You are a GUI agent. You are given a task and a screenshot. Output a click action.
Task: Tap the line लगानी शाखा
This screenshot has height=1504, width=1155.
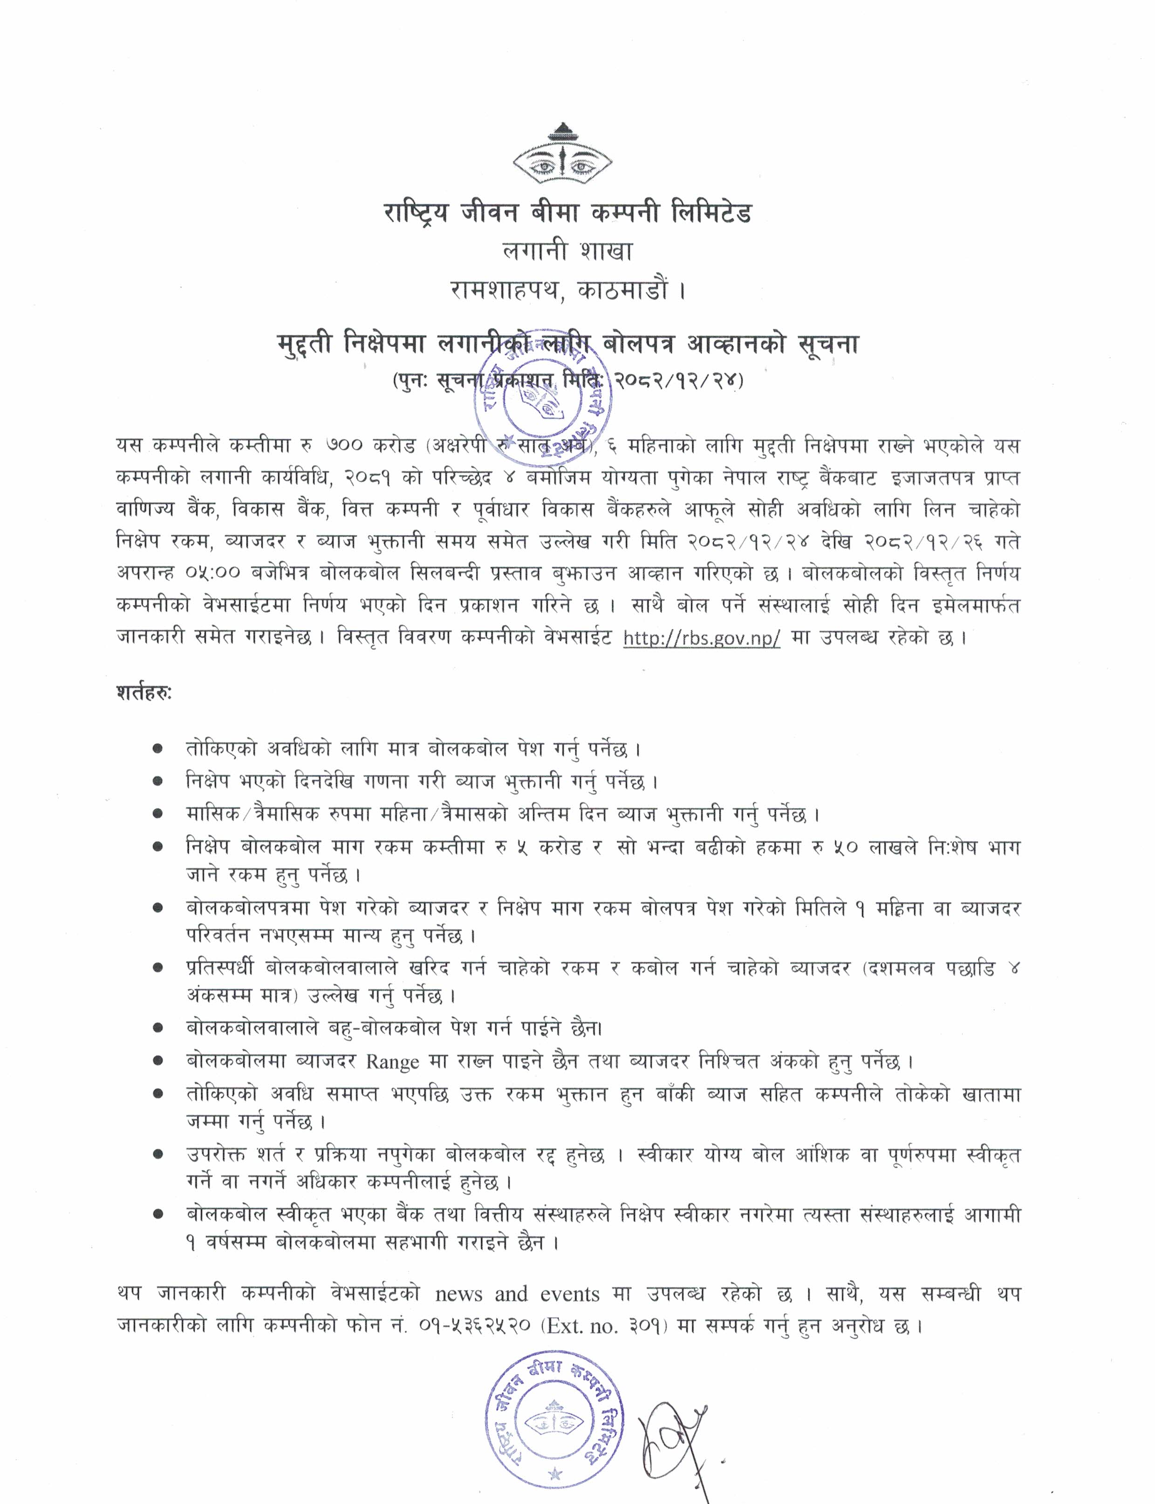tap(567, 252)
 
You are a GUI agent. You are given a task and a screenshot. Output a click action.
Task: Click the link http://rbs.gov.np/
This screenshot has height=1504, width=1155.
tap(701, 639)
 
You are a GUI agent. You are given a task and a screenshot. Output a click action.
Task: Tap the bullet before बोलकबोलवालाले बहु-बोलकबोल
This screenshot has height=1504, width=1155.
tap(158, 1029)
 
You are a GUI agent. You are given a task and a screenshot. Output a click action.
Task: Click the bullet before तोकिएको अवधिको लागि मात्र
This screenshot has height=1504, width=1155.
tap(158, 749)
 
